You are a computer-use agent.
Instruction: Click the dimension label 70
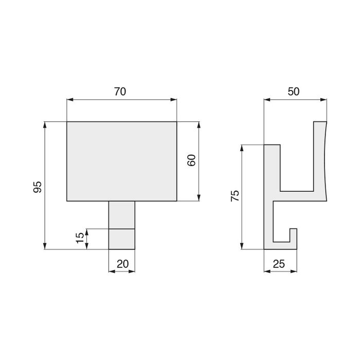(120, 92)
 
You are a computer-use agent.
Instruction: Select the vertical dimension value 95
(37, 187)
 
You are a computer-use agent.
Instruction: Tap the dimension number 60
(191, 160)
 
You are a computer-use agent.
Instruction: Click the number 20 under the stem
(122, 263)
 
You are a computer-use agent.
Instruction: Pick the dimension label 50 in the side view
(294, 92)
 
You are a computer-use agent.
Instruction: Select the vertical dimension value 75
(235, 196)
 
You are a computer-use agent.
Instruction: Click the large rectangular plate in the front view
(122, 161)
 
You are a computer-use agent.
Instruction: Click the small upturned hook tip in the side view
(294, 234)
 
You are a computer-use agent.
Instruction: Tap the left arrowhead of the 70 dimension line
(70, 100)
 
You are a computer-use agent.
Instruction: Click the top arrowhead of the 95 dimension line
(45, 124)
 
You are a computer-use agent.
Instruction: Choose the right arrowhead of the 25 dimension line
(295, 271)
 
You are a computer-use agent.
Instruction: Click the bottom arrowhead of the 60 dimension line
(199, 198)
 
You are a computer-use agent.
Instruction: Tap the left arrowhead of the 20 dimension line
(112, 271)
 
